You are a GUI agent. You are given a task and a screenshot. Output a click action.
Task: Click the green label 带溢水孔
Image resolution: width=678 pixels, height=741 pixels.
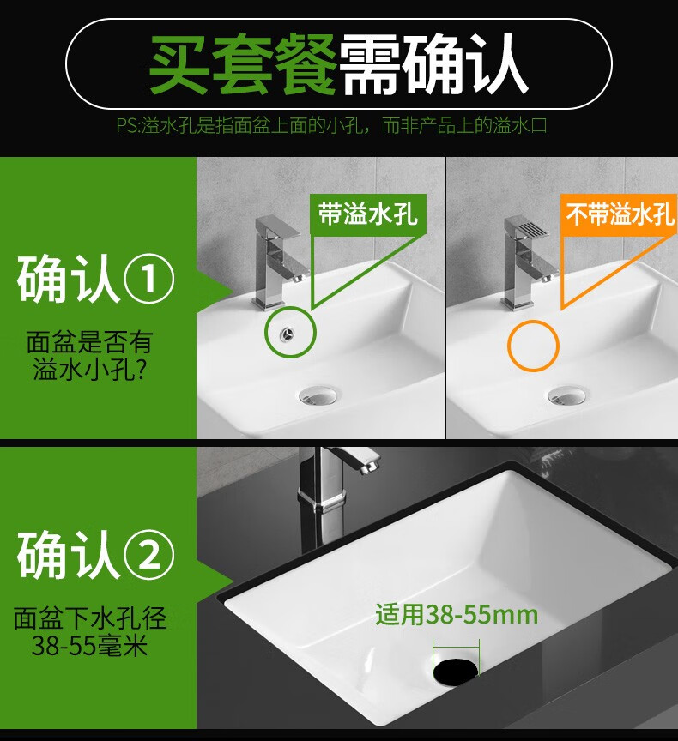point(368,214)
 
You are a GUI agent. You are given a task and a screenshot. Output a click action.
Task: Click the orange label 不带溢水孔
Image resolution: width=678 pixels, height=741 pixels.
point(620,214)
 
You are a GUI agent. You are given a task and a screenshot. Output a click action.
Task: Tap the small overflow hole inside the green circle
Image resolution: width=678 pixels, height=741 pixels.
point(287,333)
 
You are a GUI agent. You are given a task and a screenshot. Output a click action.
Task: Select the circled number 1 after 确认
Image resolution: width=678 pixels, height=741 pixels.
point(149,278)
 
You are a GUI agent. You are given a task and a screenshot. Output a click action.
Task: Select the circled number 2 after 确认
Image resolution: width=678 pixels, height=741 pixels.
point(149,555)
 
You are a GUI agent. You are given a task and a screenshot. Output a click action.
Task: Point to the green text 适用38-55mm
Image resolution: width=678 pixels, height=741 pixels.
point(457,615)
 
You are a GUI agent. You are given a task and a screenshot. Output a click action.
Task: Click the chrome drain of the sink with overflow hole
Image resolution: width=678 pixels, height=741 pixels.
point(318,395)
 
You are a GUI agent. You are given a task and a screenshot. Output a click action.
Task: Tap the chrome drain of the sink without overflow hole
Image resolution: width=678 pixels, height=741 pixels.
point(566,395)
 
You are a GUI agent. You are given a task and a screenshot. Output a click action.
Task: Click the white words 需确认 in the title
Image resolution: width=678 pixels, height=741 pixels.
point(433,64)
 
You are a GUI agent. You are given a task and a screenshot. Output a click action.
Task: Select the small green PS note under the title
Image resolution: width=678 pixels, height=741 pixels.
point(331,126)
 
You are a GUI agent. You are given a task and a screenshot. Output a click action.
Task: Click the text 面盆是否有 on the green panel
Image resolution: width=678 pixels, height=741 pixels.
point(89,342)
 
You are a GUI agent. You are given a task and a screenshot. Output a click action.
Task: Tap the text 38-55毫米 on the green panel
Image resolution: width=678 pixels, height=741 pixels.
point(89,646)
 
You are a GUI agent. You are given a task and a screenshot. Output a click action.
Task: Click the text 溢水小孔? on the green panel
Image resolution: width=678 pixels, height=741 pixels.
point(89,369)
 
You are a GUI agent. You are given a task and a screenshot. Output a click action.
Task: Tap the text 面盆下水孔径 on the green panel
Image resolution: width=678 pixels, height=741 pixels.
point(89,618)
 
